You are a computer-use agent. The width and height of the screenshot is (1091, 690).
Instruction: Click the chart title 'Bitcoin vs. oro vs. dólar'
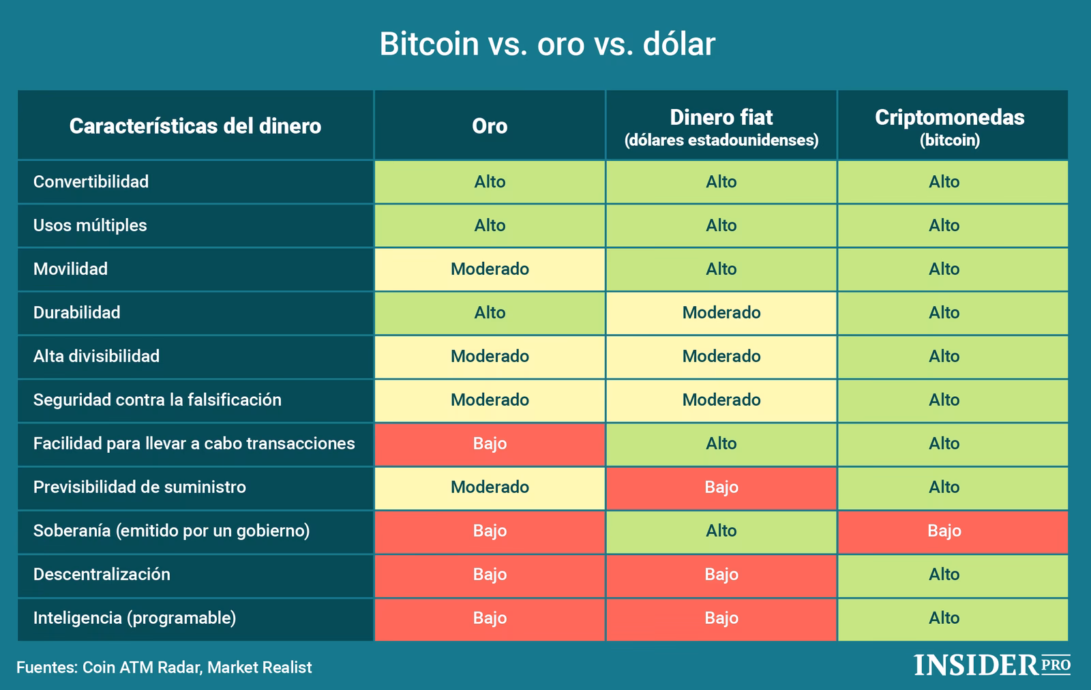[x=547, y=44]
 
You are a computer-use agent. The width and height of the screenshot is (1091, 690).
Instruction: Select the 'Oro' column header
[x=490, y=126]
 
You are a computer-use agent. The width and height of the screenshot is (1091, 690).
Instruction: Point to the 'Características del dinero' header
[x=195, y=126]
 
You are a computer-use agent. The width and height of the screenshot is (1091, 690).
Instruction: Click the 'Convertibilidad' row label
[x=91, y=182]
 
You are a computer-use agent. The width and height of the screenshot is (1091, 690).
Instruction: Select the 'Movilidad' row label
[x=70, y=269]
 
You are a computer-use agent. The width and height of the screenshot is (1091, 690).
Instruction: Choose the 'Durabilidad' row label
[x=76, y=313]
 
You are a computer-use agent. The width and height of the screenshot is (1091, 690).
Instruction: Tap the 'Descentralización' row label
[x=102, y=575]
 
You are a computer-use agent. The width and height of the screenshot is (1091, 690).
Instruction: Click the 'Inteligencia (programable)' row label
[x=134, y=618]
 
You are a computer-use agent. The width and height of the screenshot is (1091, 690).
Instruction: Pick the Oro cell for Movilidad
[x=490, y=269]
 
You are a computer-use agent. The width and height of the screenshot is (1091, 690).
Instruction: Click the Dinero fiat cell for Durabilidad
[x=721, y=313]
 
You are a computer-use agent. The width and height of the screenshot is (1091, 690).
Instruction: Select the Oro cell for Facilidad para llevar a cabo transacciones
[x=490, y=444]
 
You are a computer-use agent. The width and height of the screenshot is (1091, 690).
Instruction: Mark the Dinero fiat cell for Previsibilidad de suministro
[x=721, y=487]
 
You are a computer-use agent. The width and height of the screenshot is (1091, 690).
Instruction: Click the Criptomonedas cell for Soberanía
[x=944, y=531]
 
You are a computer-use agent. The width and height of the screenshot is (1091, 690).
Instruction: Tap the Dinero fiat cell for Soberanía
[x=721, y=531]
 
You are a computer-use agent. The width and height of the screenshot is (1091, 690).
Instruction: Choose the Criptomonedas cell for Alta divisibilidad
[x=944, y=357]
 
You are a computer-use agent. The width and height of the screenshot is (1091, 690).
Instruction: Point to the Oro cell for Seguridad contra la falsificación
[x=490, y=400]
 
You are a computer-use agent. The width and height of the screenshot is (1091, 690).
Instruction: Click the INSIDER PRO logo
[x=991, y=665]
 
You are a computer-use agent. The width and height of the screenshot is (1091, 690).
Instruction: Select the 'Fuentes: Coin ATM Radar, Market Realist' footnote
[x=164, y=667]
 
